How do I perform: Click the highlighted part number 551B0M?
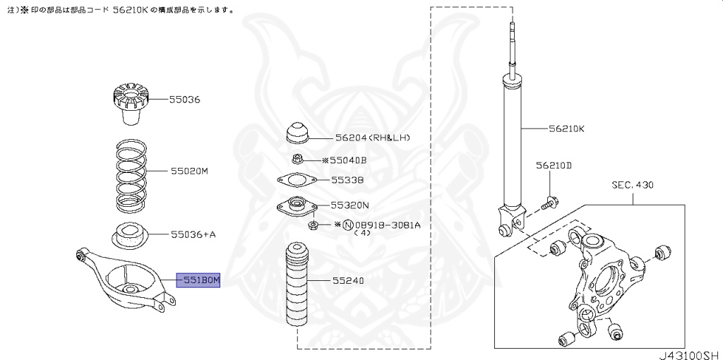click(198, 281)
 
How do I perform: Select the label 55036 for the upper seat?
click(184, 100)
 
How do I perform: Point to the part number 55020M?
click(189, 172)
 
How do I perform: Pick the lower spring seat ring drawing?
click(129, 234)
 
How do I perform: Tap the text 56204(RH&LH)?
click(373, 138)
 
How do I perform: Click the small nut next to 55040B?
click(298, 160)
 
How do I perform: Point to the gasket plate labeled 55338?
click(297, 181)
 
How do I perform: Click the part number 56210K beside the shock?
click(566, 129)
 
